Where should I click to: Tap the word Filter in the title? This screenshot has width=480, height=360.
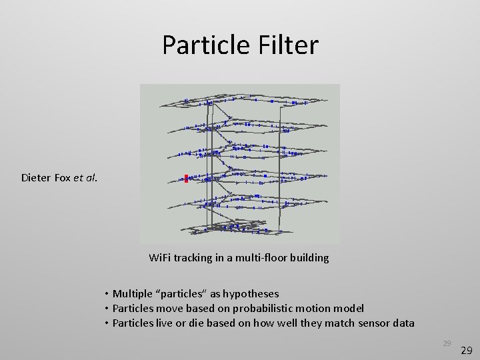pos(287,45)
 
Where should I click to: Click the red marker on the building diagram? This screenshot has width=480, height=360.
pos(186,178)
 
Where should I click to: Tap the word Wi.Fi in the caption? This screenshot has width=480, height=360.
pos(160,257)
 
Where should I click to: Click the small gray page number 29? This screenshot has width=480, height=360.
pos(447,343)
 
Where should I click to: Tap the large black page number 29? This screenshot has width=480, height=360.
pos(467,349)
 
